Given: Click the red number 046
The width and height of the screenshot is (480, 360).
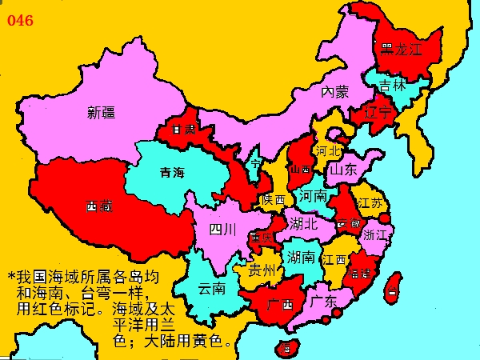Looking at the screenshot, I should pos(21,20).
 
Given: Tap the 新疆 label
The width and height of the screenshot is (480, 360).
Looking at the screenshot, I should pos(102,113).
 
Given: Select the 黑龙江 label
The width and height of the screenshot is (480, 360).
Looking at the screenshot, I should pos(401,49).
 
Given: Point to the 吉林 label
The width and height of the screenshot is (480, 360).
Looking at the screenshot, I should pos(392,84).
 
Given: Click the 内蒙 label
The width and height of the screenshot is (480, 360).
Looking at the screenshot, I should pos(336,92).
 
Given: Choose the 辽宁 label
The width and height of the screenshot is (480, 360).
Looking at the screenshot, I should pos(378,113).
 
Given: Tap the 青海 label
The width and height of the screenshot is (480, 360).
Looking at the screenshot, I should pos(172,172).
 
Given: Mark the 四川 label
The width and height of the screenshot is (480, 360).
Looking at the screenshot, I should pos(222,230).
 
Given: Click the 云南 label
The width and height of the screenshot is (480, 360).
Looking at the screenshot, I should pos(212,287).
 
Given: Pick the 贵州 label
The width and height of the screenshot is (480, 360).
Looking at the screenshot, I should pos(262,270).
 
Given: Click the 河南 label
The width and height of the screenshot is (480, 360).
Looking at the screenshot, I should pos(312,195).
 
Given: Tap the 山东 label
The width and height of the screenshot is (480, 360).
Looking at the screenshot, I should pos(343,170).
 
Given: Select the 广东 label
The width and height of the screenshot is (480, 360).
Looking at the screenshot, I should pos(322,302).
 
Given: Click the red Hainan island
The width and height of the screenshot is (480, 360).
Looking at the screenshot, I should pos(284,347).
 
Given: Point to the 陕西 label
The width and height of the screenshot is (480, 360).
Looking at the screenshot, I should pos(273,200).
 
